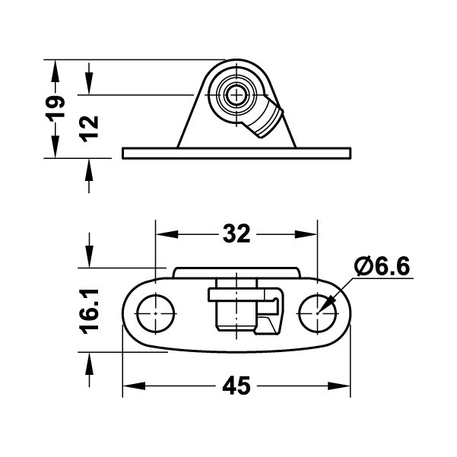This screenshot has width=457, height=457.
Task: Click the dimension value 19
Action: tap(56, 106)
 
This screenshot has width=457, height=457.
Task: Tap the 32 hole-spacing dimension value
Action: tap(236, 233)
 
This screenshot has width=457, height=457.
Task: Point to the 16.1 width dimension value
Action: tap(89, 311)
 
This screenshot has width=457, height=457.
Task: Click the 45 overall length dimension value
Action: tap(236, 386)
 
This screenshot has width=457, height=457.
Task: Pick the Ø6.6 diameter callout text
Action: tap(382, 266)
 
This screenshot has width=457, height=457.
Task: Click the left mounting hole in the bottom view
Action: tap(156, 313)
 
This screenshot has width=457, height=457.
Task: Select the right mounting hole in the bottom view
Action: tap(317, 313)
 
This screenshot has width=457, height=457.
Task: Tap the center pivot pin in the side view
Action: tap(236, 95)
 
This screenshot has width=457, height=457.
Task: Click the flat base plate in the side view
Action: tap(236, 154)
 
